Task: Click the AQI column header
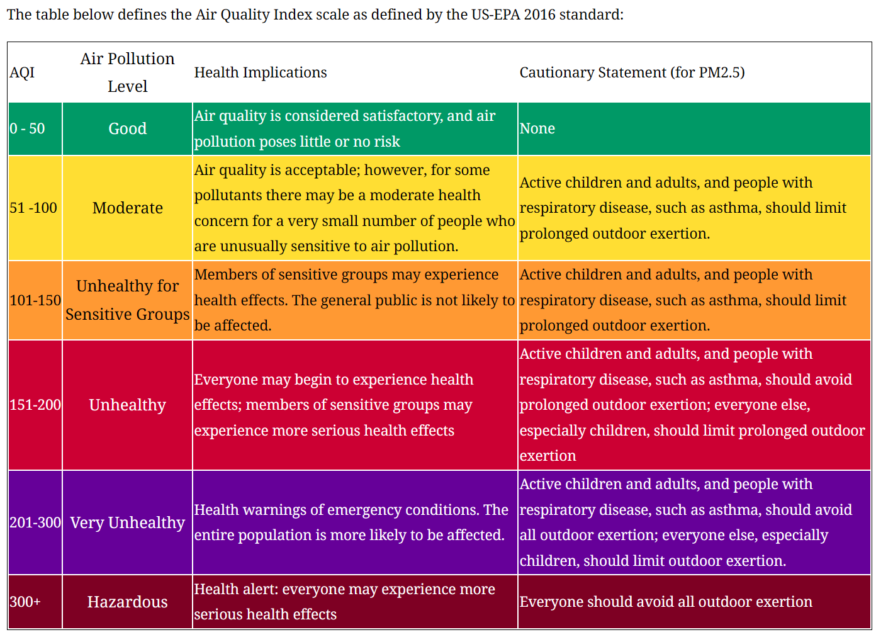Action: pos(22,73)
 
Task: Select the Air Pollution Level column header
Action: pos(127,72)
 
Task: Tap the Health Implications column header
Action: pos(261,73)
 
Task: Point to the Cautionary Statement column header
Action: pos(632,73)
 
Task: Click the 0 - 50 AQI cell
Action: pos(28,129)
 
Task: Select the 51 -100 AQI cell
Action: pos(33,208)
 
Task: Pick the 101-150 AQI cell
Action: pos(35,301)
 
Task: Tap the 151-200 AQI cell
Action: pos(35,405)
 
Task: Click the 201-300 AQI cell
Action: pos(35,523)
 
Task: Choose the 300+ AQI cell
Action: pos(25,602)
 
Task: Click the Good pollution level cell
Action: pos(127,129)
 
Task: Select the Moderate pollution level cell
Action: pos(127,208)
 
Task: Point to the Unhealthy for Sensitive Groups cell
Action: pos(127,300)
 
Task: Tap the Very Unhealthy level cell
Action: pos(127,523)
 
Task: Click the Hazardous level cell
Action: pos(127,602)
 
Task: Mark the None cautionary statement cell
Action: pos(537,129)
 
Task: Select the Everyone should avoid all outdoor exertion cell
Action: pos(666,602)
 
